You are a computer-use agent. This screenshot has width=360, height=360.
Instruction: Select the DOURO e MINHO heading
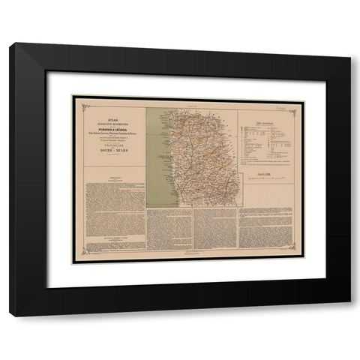tap(110, 151)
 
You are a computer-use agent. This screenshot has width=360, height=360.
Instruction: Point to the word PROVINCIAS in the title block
tap(110, 145)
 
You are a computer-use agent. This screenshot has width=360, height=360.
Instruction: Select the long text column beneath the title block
tap(110, 210)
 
